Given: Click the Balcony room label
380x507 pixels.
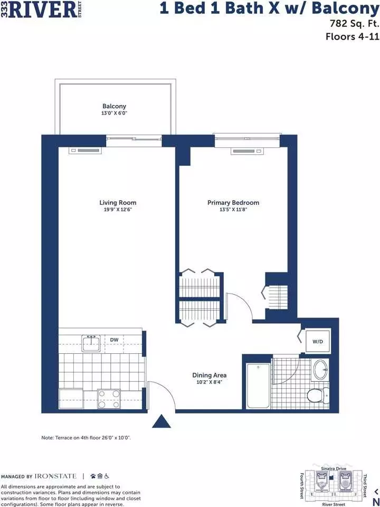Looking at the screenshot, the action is click(x=114, y=106).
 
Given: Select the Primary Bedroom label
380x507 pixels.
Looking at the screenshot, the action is click(x=233, y=202).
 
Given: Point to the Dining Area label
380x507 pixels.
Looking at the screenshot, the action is click(x=209, y=375).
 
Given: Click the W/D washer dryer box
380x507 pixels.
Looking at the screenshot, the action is click(x=318, y=342).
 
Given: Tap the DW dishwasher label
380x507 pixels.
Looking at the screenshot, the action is click(x=114, y=340).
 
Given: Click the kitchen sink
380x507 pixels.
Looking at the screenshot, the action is click(x=91, y=343).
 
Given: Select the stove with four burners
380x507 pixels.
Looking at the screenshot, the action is click(x=109, y=399).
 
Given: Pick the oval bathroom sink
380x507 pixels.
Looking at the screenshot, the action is click(x=320, y=370).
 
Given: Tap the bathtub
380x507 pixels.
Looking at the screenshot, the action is click(x=258, y=386).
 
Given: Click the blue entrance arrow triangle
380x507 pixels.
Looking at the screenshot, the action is click(x=161, y=421).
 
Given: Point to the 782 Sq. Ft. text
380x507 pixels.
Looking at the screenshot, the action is click(x=354, y=24).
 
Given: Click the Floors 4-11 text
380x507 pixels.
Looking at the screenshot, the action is click(x=352, y=36).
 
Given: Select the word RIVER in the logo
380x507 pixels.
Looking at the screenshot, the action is click(x=43, y=10).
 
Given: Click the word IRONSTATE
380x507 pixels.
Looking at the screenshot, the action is click(x=55, y=476).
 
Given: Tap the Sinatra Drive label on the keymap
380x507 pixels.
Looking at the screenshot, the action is click(x=334, y=468).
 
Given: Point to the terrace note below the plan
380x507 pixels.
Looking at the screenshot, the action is click(x=86, y=438).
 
